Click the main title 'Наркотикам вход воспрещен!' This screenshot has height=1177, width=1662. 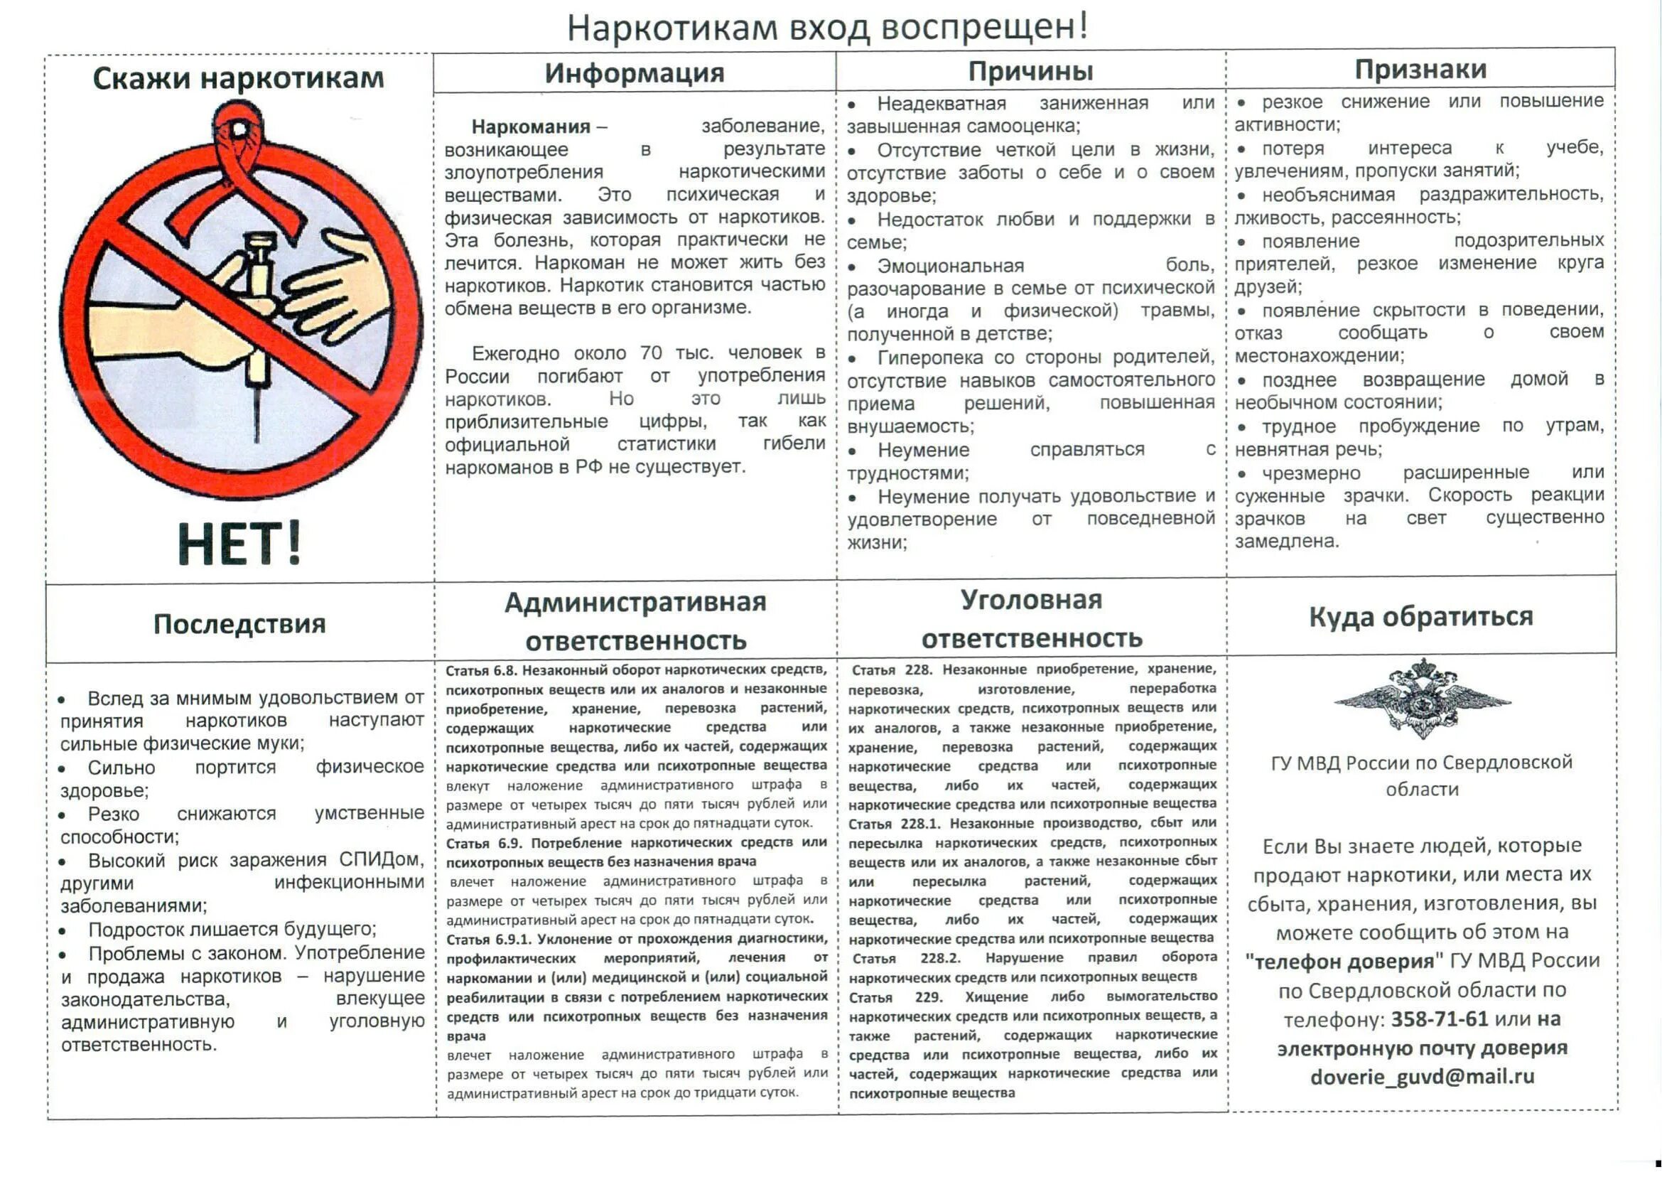[x=826, y=28]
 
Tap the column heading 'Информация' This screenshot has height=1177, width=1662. [x=634, y=73]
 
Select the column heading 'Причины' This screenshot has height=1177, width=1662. [x=1030, y=71]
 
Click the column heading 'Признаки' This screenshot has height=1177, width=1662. [x=1420, y=70]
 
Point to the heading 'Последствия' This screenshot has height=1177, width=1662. [x=239, y=624]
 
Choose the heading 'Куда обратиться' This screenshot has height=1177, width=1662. [x=1420, y=617]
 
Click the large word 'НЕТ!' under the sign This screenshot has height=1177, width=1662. [x=239, y=544]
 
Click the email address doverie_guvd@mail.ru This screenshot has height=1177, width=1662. [x=1421, y=1077]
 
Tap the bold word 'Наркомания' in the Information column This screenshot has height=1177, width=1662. [x=530, y=127]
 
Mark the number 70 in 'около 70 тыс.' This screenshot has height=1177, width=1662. [x=651, y=353]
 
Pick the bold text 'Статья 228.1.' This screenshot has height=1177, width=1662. [x=895, y=824]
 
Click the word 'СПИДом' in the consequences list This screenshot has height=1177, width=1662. [x=381, y=859]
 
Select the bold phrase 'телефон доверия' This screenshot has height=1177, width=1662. [x=1344, y=962]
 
